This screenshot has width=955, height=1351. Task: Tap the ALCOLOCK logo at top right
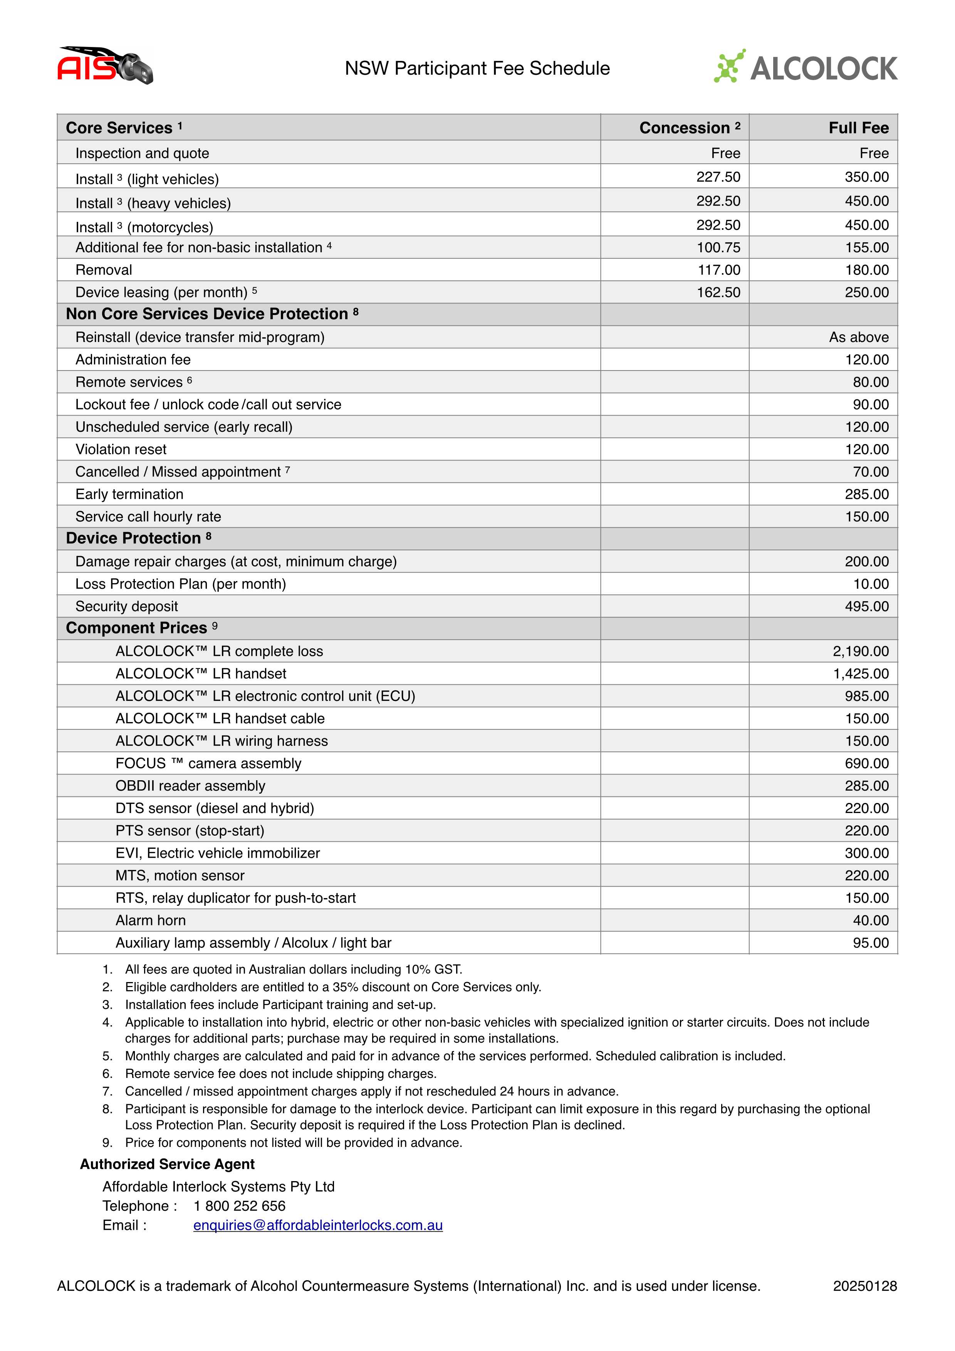(x=805, y=67)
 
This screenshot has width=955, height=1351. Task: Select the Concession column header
(x=689, y=128)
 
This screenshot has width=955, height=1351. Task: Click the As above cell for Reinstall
(x=859, y=337)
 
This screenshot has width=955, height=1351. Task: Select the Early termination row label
(x=129, y=494)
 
